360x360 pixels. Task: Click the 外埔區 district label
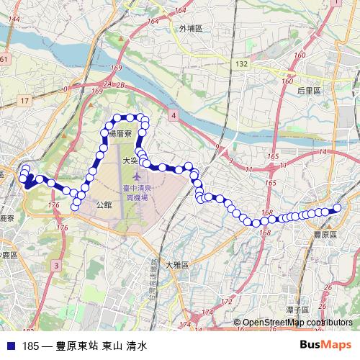pyautogui.click(x=191, y=29)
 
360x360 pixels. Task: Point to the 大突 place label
pyautogui.click(x=130, y=161)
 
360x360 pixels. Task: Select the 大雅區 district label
pyautogui.click(x=176, y=264)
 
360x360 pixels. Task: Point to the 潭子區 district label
pyautogui.click(x=297, y=309)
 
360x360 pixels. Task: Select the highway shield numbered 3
pyautogui.click(x=55, y=266)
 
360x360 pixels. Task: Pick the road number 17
pyautogui.click(x=25, y=100)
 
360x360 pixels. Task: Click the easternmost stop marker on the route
pyautogui.click(x=336, y=209)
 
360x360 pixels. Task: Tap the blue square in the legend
pyautogui.click(x=10, y=346)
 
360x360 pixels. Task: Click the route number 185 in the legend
pyautogui.click(x=30, y=346)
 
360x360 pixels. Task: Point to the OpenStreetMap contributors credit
pyautogui.click(x=297, y=323)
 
